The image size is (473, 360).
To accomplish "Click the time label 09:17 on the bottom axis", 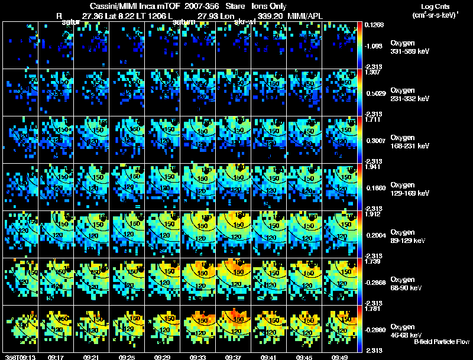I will [56, 357].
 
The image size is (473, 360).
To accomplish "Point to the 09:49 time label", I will [340, 357].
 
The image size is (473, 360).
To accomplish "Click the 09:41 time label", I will [269, 357].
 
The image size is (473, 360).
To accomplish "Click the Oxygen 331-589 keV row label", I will [410, 47].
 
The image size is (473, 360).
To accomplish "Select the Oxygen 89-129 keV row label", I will [409, 236].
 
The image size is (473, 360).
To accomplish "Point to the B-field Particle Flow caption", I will [442, 342].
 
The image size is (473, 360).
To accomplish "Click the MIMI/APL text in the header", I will [304, 16].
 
